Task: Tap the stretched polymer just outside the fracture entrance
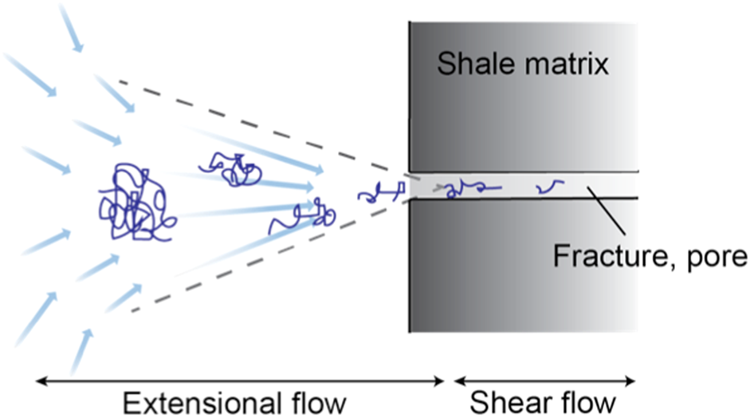tap(382, 192)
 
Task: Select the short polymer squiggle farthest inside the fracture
tap(549, 187)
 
